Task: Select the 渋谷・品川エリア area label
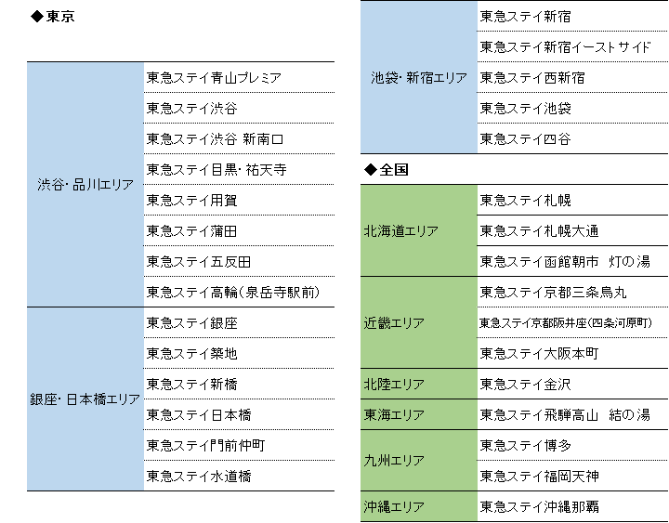click(x=85, y=185)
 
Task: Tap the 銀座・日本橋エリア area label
click(x=85, y=399)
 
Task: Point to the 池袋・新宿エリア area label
click(x=419, y=78)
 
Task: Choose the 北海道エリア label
click(x=401, y=231)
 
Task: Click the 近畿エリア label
click(x=394, y=323)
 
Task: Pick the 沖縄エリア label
click(x=394, y=507)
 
